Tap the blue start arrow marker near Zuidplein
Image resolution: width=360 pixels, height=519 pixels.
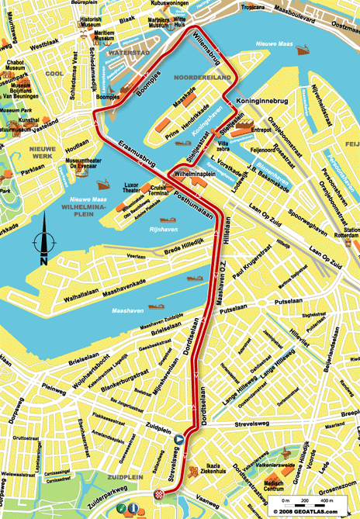[x=179, y=438]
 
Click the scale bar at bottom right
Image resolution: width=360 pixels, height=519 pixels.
[x=311, y=504]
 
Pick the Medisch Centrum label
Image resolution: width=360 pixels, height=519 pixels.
[x=274, y=485]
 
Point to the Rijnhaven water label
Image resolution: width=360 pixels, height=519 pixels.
[x=164, y=228]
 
